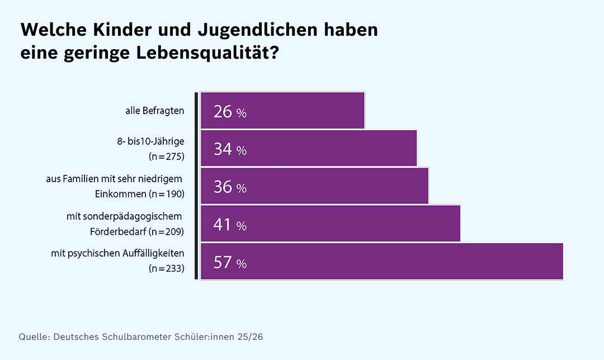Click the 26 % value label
(230, 112)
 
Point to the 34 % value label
(230, 149)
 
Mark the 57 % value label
(230, 262)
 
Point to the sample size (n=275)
(167, 156)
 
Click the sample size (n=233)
(167, 268)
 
